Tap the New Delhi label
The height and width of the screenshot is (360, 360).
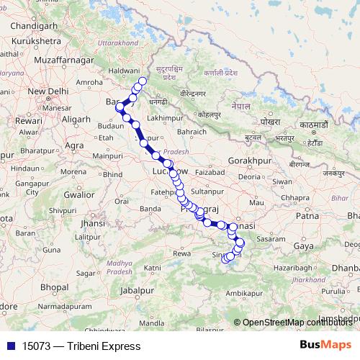[48, 91]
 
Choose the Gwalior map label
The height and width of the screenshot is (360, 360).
[79, 194]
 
